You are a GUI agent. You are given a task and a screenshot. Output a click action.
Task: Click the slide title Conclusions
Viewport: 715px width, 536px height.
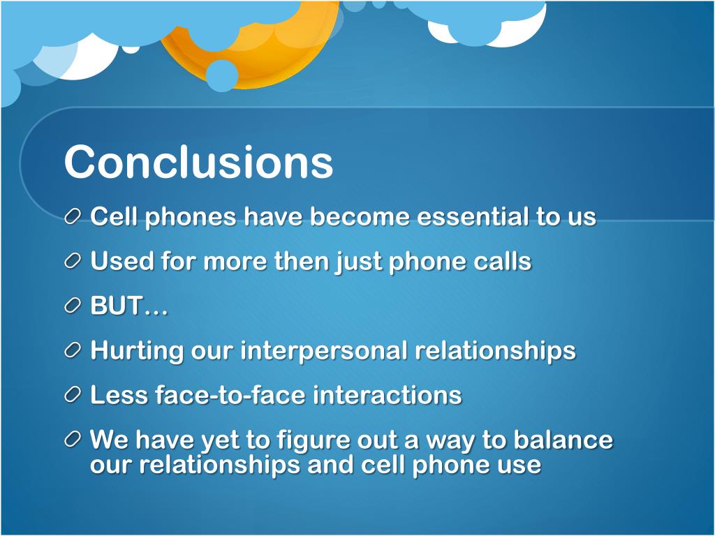198,162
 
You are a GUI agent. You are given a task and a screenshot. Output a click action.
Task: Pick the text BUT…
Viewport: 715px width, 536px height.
129,306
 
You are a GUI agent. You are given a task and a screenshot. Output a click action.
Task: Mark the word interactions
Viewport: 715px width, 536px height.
387,395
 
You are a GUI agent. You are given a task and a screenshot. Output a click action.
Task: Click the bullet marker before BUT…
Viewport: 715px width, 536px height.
74,307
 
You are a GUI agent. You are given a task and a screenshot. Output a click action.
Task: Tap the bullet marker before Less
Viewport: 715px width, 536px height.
74,396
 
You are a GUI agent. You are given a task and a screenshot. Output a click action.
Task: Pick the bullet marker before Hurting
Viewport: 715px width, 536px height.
74,351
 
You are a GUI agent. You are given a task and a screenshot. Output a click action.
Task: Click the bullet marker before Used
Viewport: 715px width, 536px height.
74,262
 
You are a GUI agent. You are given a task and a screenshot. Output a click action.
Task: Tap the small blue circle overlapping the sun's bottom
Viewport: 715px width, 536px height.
222,75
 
